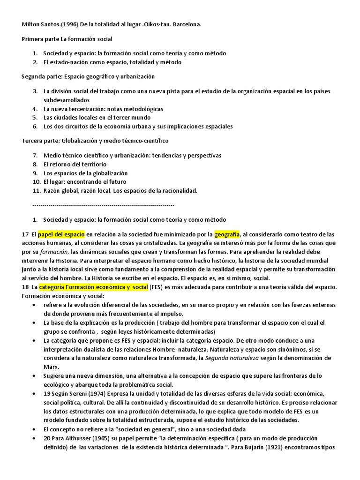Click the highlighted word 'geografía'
[x=227, y=234]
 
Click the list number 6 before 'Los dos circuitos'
[x=35, y=126]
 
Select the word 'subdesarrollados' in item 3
[x=66, y=100]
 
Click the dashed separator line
[x=103, y=205]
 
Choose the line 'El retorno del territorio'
[x=75, y=164]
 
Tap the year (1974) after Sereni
[x=93, y=393]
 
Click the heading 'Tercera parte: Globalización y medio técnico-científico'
[x=95, y=141]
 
